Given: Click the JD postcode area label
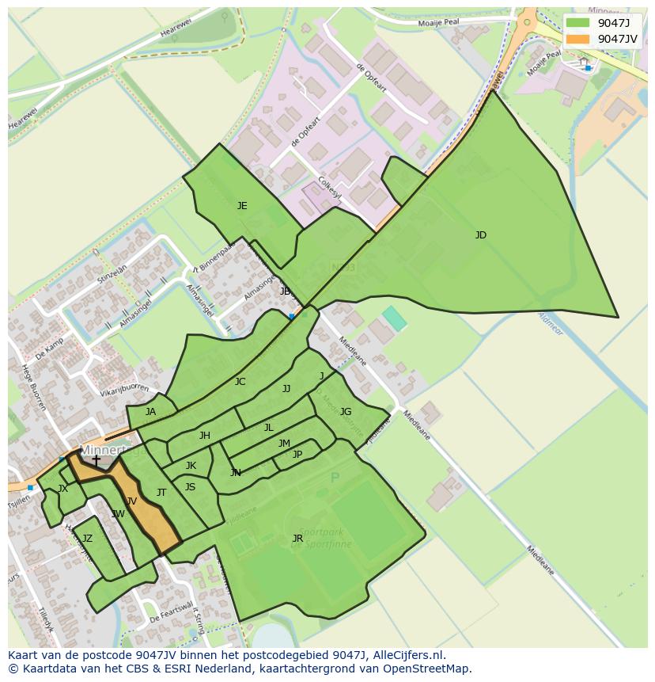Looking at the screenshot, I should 480,235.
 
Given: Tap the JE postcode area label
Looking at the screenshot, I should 242,206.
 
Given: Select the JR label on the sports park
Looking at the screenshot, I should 297,539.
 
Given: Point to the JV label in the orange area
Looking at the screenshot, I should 131,501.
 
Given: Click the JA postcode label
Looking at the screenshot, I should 150,412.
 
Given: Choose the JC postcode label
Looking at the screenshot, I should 240,382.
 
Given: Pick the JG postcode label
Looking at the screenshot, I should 346,412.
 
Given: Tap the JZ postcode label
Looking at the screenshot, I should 87,539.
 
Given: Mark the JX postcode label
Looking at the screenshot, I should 62,489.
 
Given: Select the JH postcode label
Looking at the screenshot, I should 205,436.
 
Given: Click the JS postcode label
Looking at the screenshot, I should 190,487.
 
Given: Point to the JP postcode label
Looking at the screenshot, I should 297,455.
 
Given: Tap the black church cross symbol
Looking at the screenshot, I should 96,460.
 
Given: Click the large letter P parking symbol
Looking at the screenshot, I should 335,478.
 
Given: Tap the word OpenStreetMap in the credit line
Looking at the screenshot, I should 426,669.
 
